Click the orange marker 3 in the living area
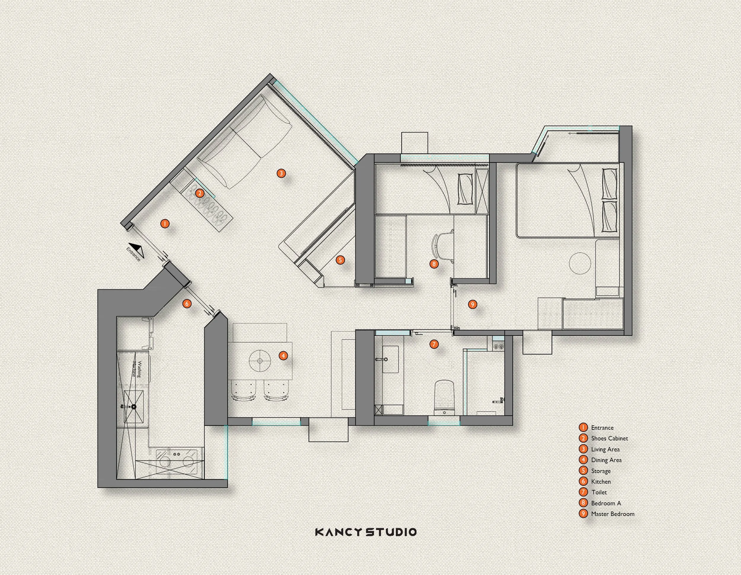point(281,173)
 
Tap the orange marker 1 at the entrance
point(165,224)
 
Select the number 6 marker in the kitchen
point(187,303)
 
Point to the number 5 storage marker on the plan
point(340,260)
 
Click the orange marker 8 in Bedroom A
point(434,264)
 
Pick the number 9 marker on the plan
point(472,304)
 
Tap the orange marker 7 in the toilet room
point(434,344)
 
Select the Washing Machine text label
point(136,369)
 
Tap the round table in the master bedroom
point(580,263)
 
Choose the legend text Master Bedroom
point(613,514)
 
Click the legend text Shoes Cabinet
point(609,438)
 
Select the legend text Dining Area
point(606,460)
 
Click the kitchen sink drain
point(134,406)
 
